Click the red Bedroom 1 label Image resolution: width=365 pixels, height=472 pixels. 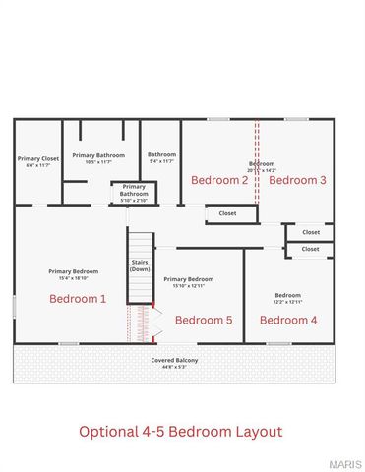[78, 298]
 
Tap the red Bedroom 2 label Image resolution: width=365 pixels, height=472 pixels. [219, 180]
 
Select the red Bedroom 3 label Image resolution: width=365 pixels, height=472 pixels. [297, 180]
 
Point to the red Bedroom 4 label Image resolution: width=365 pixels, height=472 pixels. [287, 320]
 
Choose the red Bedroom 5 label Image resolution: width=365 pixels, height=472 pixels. [204, 320]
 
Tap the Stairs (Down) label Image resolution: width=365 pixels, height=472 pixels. [140, 265]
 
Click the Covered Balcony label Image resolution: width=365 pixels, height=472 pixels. [174, 360]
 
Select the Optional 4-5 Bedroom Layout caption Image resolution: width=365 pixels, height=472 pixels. [180, 431]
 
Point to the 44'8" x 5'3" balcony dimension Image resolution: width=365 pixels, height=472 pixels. [174, 368]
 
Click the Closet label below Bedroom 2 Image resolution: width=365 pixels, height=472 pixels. [227, 212]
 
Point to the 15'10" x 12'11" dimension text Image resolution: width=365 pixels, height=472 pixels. [188, 286]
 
